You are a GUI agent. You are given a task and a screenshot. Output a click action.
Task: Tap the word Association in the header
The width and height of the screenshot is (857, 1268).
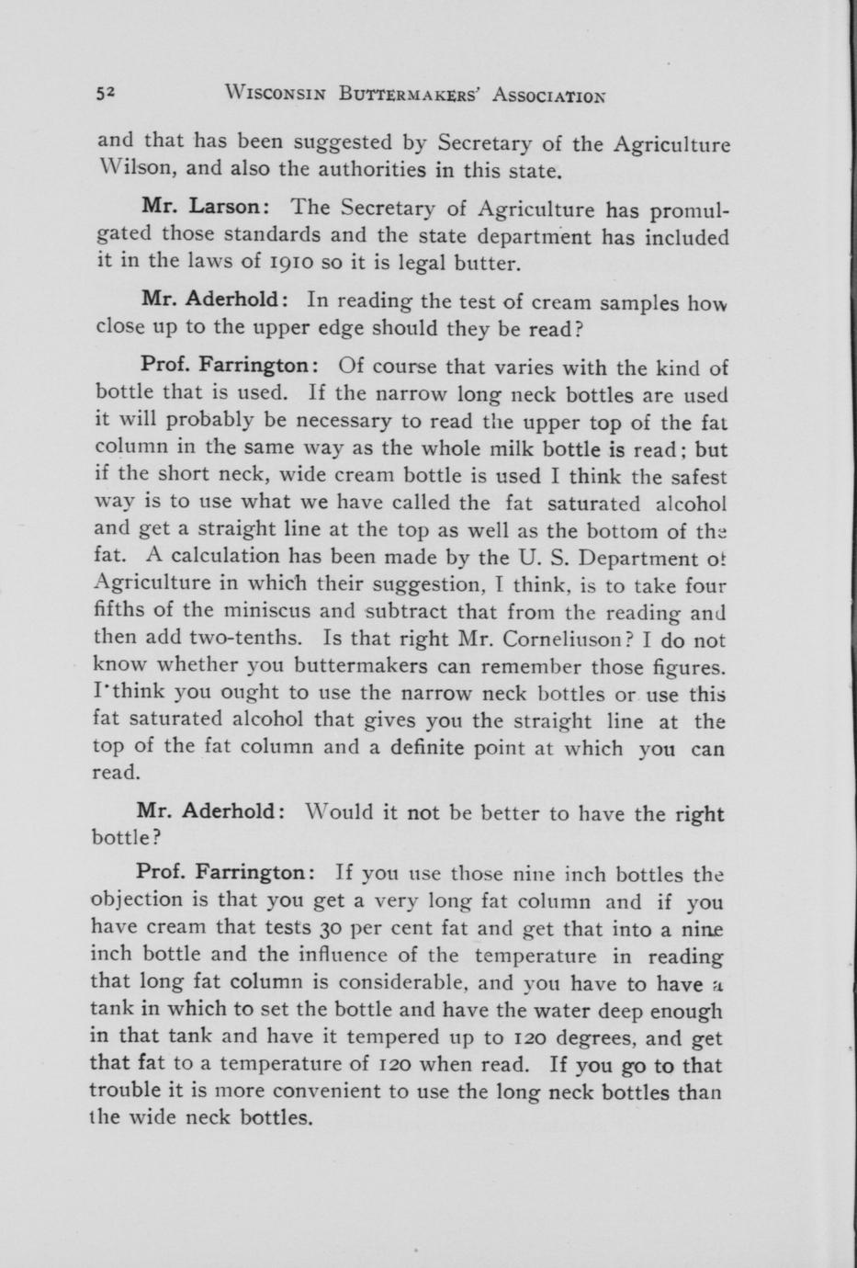(549, 94)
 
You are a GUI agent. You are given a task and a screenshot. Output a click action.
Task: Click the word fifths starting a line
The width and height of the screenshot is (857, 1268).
(118, 611)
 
